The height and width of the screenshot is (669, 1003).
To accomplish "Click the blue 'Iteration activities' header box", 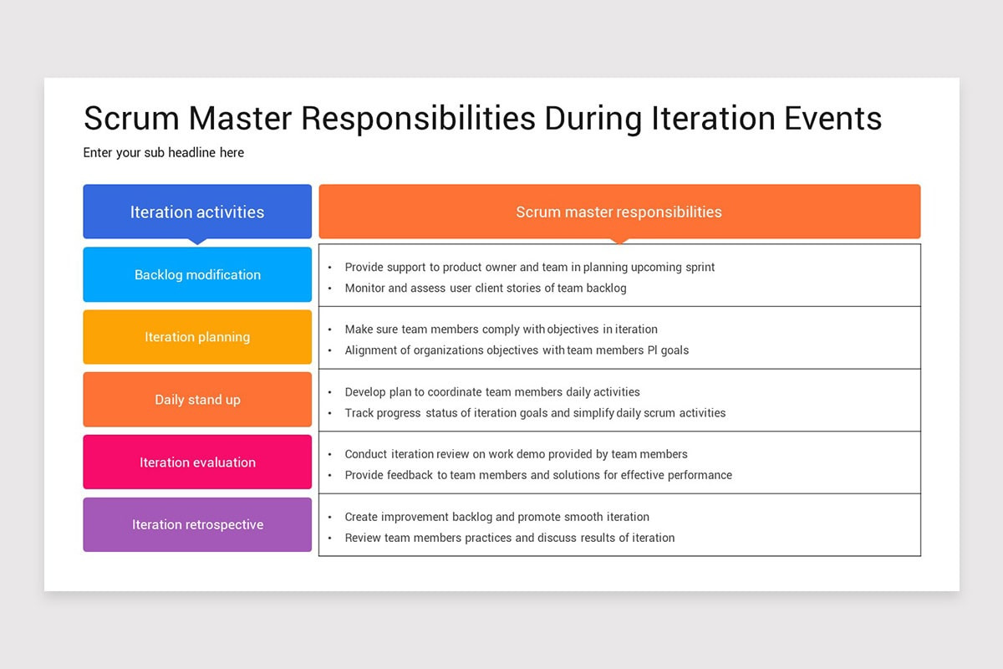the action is pyautogui.click(x=197, y=212).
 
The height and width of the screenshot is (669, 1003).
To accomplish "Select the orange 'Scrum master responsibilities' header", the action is pyautogui.click(x=619, y=212).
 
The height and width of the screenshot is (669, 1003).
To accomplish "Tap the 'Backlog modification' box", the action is pyautogui.click(x=197, y=274).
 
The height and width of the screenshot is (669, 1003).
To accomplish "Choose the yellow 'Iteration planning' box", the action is pyautogui.click(x=197, y=336).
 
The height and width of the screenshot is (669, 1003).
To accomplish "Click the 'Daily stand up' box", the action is pyautogui.click(x=197, y=399).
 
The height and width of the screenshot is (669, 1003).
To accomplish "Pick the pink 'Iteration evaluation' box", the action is pyautogui.click(x=197, y=462).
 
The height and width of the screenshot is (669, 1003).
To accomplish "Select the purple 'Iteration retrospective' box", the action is pyautogui.click(x=197, y=524).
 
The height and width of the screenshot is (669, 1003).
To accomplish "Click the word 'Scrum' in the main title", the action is pyautogui.click(x=132, y=118).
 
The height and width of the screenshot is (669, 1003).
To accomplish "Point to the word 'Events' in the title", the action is pyautogui.click(x=832, y=118).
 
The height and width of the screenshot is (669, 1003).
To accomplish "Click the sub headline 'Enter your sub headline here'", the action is pyautogui.click(x=164, y=152).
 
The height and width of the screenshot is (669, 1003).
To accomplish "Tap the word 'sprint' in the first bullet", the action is pyautogui.click(x=700, y=268).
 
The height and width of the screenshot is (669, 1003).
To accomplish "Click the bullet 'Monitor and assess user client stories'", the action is pyautogui.click(x=486, y=289).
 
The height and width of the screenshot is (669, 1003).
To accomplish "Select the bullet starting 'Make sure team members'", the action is pyautogui.click(x=501, y=329).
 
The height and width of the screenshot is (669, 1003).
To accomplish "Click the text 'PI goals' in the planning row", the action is pyautogui.click(x=668, y=350).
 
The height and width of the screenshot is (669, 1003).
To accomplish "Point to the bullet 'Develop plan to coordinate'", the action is pyautogui.click(x=492, y=392).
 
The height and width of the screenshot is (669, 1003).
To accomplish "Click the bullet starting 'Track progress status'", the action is pyautogui.click(x=535, y=413).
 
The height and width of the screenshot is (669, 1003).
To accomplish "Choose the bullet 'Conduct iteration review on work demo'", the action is pyautogui.click(x=516, y=454).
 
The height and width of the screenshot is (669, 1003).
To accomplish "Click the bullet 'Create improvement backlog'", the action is pyautogui.click(x=496, y=517).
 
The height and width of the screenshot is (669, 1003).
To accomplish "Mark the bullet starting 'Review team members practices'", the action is pyautogui.click(x=510, y=538).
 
